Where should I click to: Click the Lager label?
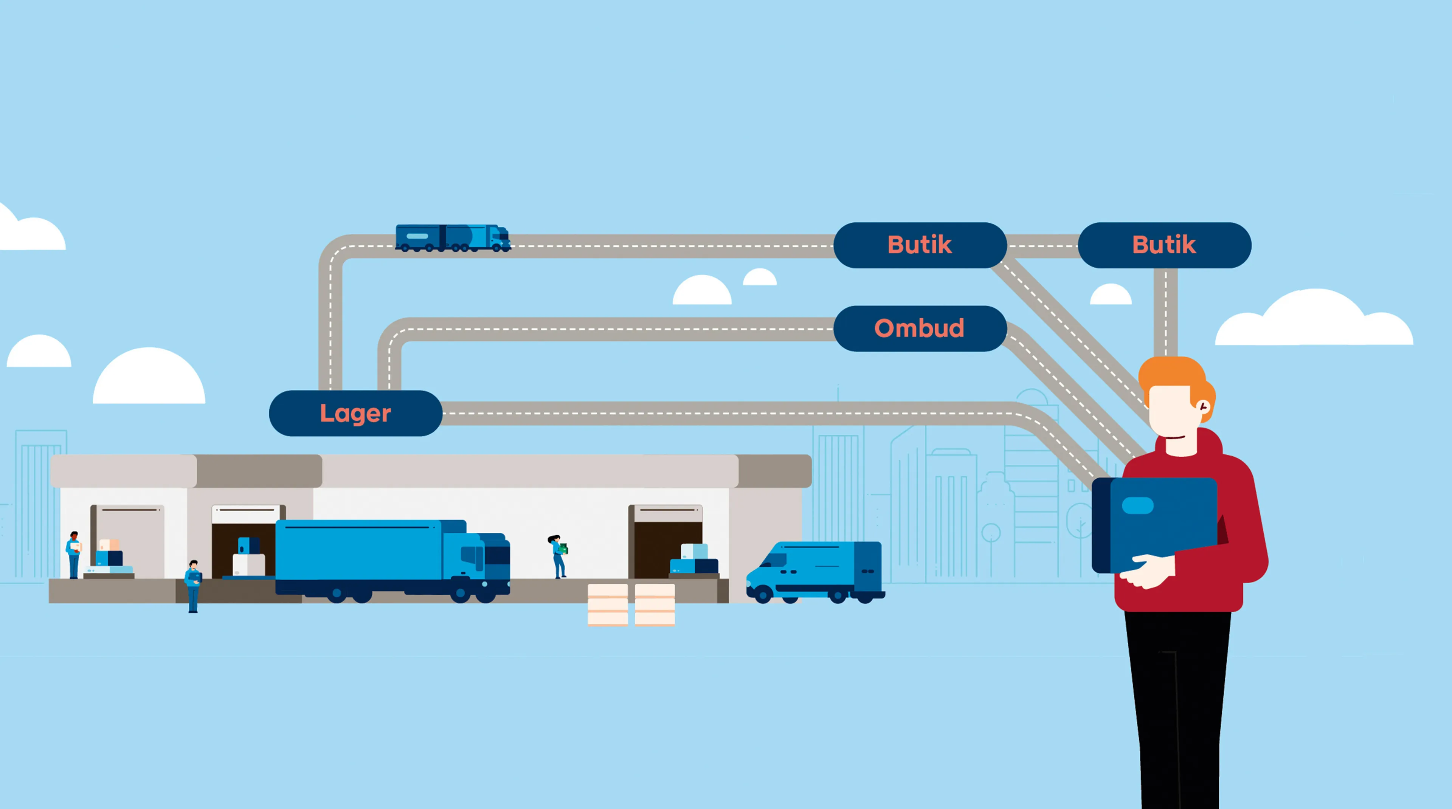(x=355, y=413)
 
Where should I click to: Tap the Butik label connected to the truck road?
(x=919, y=245)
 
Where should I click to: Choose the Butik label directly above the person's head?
(x=1164, y=245)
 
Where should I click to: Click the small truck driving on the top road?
(x=453, y=238)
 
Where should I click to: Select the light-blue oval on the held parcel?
(x=1137, y=505)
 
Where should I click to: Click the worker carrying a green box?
(x=558, y=555)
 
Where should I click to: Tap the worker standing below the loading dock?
(x=193, y=586)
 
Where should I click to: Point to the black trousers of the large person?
(x=1178, y=704)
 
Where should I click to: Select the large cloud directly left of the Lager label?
(x=149, y=377)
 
